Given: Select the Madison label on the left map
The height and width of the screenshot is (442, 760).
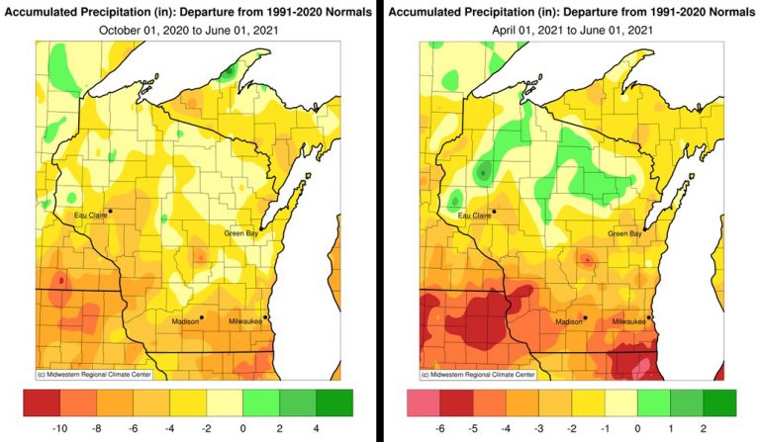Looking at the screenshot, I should pos(184,321).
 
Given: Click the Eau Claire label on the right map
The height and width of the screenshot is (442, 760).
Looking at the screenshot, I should pos(474,215).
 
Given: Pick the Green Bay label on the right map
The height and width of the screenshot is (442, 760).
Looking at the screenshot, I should pos(624,233).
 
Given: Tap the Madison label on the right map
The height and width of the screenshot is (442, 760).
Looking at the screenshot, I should pos(568,321).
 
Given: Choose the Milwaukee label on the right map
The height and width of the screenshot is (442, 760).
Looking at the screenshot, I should pos(628,321).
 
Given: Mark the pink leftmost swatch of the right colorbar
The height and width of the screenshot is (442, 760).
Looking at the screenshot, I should pos(424,402).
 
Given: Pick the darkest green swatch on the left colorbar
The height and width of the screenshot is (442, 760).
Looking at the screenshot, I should pos(335,402).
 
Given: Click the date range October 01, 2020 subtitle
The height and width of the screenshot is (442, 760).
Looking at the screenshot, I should pos(187,30).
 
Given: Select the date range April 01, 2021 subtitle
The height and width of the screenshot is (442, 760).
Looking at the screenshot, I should pos(571,30).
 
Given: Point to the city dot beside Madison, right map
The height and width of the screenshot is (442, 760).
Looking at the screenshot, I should pos(586,317).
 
